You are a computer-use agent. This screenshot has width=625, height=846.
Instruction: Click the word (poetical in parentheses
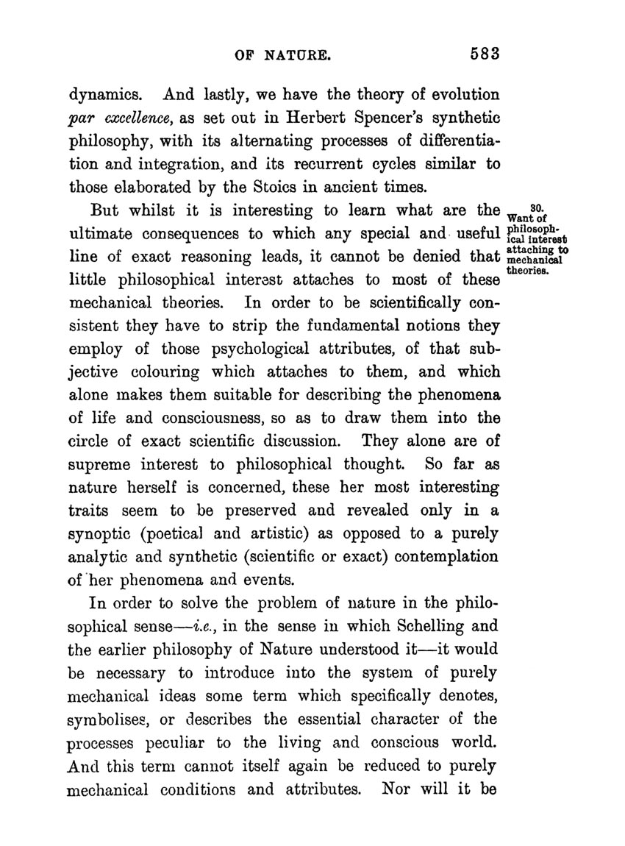185,533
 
